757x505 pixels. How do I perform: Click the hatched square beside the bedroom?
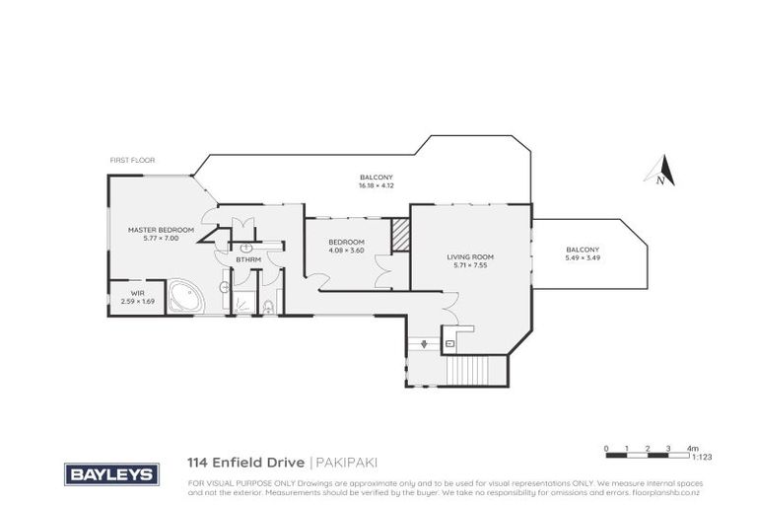pyautogui.click(x=400, y=235)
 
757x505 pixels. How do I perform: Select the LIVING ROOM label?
pyautogui.click(x=470, y=256)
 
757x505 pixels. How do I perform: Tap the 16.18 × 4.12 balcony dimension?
pyautogui.click(x=376, y=185)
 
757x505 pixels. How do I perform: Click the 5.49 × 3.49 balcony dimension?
pyautogui.click(x=583, y=258)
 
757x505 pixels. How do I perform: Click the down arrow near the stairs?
pyautogui.click(x=425, y=343)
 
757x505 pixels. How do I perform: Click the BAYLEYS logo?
pyautogui.click(x=109, y=474)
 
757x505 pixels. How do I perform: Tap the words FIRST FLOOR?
pyautogui.click(x=132, y=160)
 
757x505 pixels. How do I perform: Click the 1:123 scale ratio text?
pyautogui.click(x=702, y=459)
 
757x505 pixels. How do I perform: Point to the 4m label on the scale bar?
pyautogui.click(x=693, y=448)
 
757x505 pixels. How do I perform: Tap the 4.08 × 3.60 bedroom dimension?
pyautogui.click(x=346, y=251)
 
